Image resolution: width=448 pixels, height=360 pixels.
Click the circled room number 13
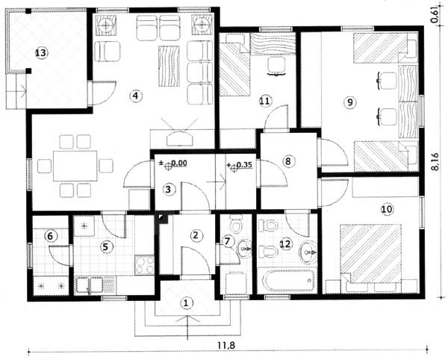coord(41,53)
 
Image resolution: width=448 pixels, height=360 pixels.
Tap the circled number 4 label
coord(135,96)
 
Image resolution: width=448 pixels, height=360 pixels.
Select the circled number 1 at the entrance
coord(186,302)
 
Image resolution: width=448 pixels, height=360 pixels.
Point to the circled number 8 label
coord(287,161)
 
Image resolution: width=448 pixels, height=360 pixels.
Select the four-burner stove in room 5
coord(144,265)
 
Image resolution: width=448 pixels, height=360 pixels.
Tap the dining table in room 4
coord(75,166)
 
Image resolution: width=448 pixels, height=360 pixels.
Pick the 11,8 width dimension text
coord(226,345)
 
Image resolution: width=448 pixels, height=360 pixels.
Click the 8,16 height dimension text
coord(435,161)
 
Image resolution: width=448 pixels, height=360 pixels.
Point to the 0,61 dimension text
coord(435,15)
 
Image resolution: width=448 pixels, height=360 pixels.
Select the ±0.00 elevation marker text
coord(173,164)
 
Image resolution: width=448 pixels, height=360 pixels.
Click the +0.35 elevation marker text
coord(240,165)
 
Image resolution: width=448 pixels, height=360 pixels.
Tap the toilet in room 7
coord(236,223)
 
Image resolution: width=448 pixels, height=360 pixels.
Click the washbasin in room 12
coord(308,252)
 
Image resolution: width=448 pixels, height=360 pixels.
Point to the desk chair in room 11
coord(276,66)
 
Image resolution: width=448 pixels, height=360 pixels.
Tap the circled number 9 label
coord(350,102)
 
